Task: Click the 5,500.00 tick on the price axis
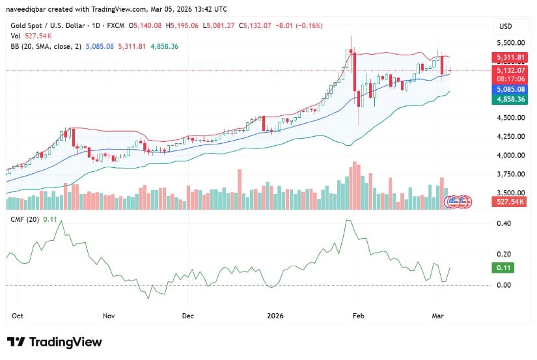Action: [x=511, y=42]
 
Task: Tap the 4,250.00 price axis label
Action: [x=511, y=137]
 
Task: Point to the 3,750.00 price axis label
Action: [x=511, y=174]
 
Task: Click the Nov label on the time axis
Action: [x=109, y=316]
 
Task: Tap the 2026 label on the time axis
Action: [x=277, y=316]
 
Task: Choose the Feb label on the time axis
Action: [x=357, y=316]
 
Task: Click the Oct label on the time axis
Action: [x=18, y=316]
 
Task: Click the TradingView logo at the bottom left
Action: [x=55, y=342]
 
